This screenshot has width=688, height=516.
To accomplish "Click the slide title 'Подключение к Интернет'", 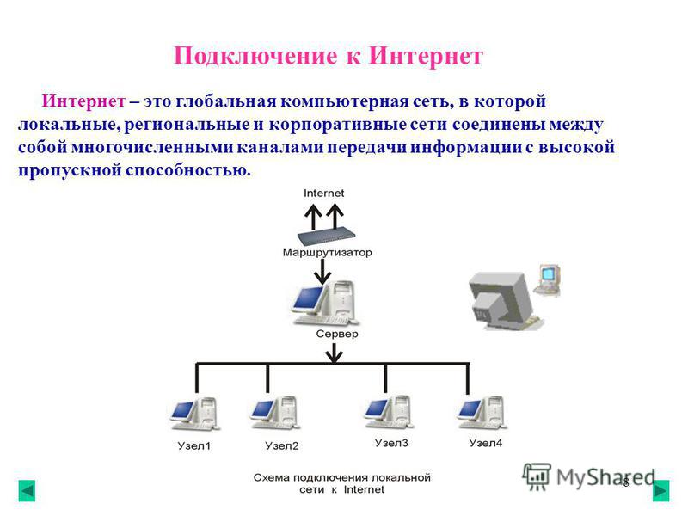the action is click(x=329, y=57).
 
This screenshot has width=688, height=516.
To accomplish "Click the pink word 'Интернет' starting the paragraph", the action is click(x=83, y=101).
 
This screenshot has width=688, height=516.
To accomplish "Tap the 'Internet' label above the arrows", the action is click(x=324, y=193).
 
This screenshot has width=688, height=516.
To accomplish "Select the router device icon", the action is click(x=326, y=236).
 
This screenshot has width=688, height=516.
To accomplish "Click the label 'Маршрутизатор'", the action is click(x=328, y=252).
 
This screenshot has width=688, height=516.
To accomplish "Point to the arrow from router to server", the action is click(x=323, y=271).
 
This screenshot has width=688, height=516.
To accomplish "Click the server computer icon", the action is click(x=325, y=304).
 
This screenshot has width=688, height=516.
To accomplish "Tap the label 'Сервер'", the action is click(x=337, y=334).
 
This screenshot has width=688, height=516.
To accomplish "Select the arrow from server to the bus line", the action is click(x=335, y=353).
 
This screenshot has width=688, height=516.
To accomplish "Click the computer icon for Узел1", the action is click(x=195, y=414).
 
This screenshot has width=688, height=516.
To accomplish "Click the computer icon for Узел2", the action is click(x=275, y=413).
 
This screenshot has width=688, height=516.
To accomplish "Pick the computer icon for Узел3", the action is click(x=389, y=412).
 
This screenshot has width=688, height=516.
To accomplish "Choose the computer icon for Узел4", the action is click(x=482, y=413).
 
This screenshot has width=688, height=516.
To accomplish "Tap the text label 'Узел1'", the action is click(x=194, y=446).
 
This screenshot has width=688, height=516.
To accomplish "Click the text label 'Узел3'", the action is click(x=391, y=443).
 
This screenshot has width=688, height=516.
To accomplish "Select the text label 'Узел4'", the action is click(x=486, y=443).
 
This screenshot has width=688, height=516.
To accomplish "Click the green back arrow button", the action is click(x=27, y=491).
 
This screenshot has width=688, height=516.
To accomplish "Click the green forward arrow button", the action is click(x=660, y=490).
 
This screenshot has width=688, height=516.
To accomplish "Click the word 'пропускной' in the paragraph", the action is click(x=70, y=170).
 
